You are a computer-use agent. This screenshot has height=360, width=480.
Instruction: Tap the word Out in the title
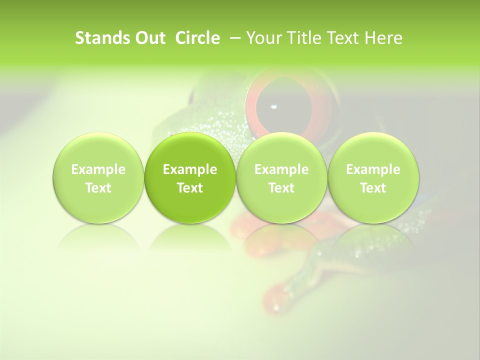(148, 38)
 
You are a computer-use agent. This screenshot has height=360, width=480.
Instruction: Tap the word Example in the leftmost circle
(98, 169)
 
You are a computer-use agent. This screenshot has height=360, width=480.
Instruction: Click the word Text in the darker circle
(190, 188)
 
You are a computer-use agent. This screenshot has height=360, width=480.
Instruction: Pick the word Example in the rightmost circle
(373, 169)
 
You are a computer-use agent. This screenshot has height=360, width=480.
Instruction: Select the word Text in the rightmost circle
(373, 188)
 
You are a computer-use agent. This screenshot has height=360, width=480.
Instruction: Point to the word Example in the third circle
(281, 169)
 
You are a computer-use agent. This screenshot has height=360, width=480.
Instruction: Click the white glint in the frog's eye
(273, 106)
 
